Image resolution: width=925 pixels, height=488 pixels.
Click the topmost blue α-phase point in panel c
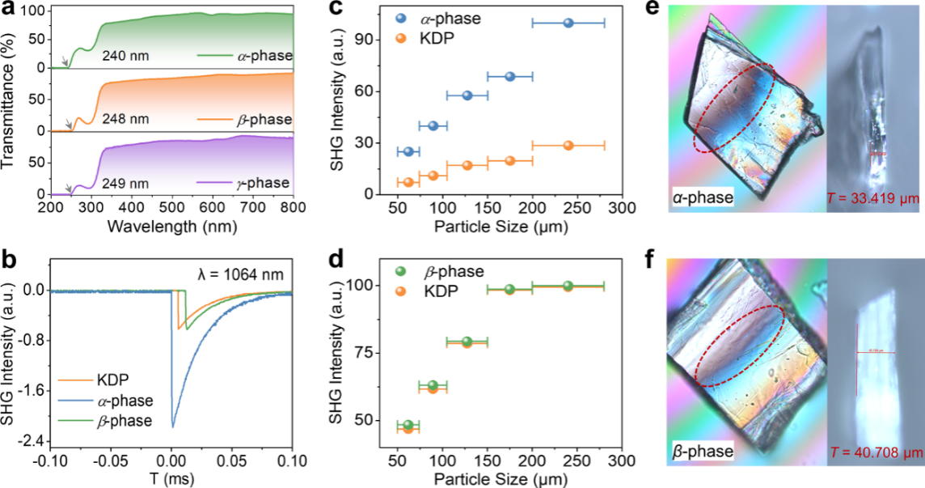(x=568, y=23)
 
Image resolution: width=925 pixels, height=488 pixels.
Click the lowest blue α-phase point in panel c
(x=408, y=151)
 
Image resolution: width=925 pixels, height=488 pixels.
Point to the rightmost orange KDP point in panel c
(x=568, y=146)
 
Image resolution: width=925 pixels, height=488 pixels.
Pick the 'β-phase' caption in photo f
(x=702, y=450)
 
